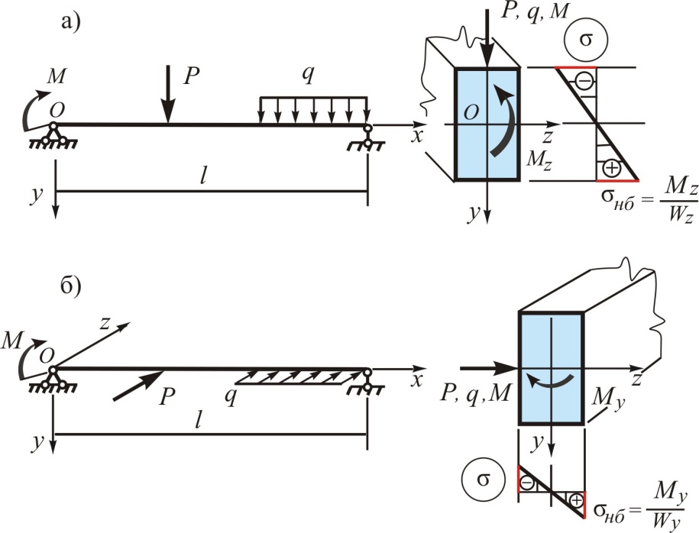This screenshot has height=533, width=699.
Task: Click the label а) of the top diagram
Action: click(71, 22)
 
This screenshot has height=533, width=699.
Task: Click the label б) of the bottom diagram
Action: click(71, 287)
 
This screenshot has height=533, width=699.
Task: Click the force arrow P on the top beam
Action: click(168, 94)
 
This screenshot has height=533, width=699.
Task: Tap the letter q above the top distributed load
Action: click(307, 74)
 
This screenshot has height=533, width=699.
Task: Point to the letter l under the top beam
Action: click(203, 177)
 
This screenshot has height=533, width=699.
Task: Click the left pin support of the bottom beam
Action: click(53, 380)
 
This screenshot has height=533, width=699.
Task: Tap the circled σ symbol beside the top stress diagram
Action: click(585, 40)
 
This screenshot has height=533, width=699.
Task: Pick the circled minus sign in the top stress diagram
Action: click(584, 81)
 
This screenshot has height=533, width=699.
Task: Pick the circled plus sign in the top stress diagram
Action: click(611, 168)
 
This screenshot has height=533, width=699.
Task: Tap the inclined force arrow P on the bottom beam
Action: click(139, 385)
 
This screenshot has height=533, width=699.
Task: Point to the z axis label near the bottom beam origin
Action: click(105, 323)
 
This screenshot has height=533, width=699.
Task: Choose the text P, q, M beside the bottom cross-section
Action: click(475, 394)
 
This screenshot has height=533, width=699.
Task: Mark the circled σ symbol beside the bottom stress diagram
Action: click(484, 480)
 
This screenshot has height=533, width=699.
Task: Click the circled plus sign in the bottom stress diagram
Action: click(577, 500)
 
